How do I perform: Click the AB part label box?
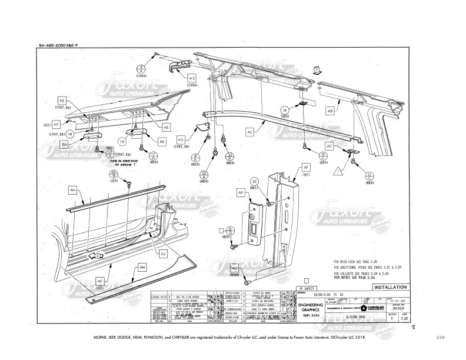click(x=330, y=111)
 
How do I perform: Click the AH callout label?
click(x=72, y=190)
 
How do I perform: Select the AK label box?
click(x=241, y=192)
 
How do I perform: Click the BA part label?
click(x=65, y=144)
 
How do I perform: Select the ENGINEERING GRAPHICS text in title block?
click(x=310, y=308)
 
